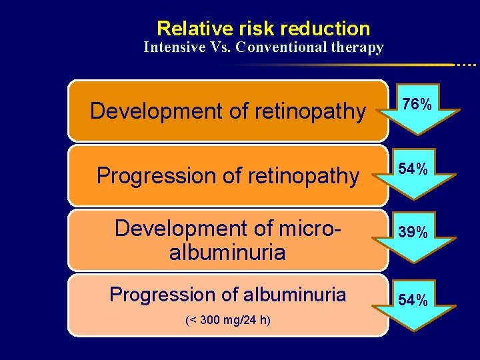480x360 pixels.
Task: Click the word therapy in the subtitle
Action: tap(358, 47)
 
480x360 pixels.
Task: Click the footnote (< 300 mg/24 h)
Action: tap(227, 320)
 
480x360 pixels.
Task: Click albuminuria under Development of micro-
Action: tap(227, 252)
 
